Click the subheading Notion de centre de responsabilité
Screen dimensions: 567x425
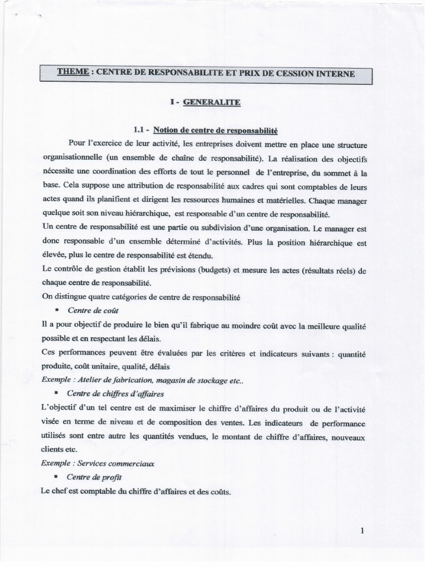[215, 130]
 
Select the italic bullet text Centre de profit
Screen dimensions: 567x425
[94, 477]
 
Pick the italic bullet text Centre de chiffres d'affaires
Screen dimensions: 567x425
[115, 394]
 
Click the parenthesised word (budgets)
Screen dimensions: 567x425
[208, 270]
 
